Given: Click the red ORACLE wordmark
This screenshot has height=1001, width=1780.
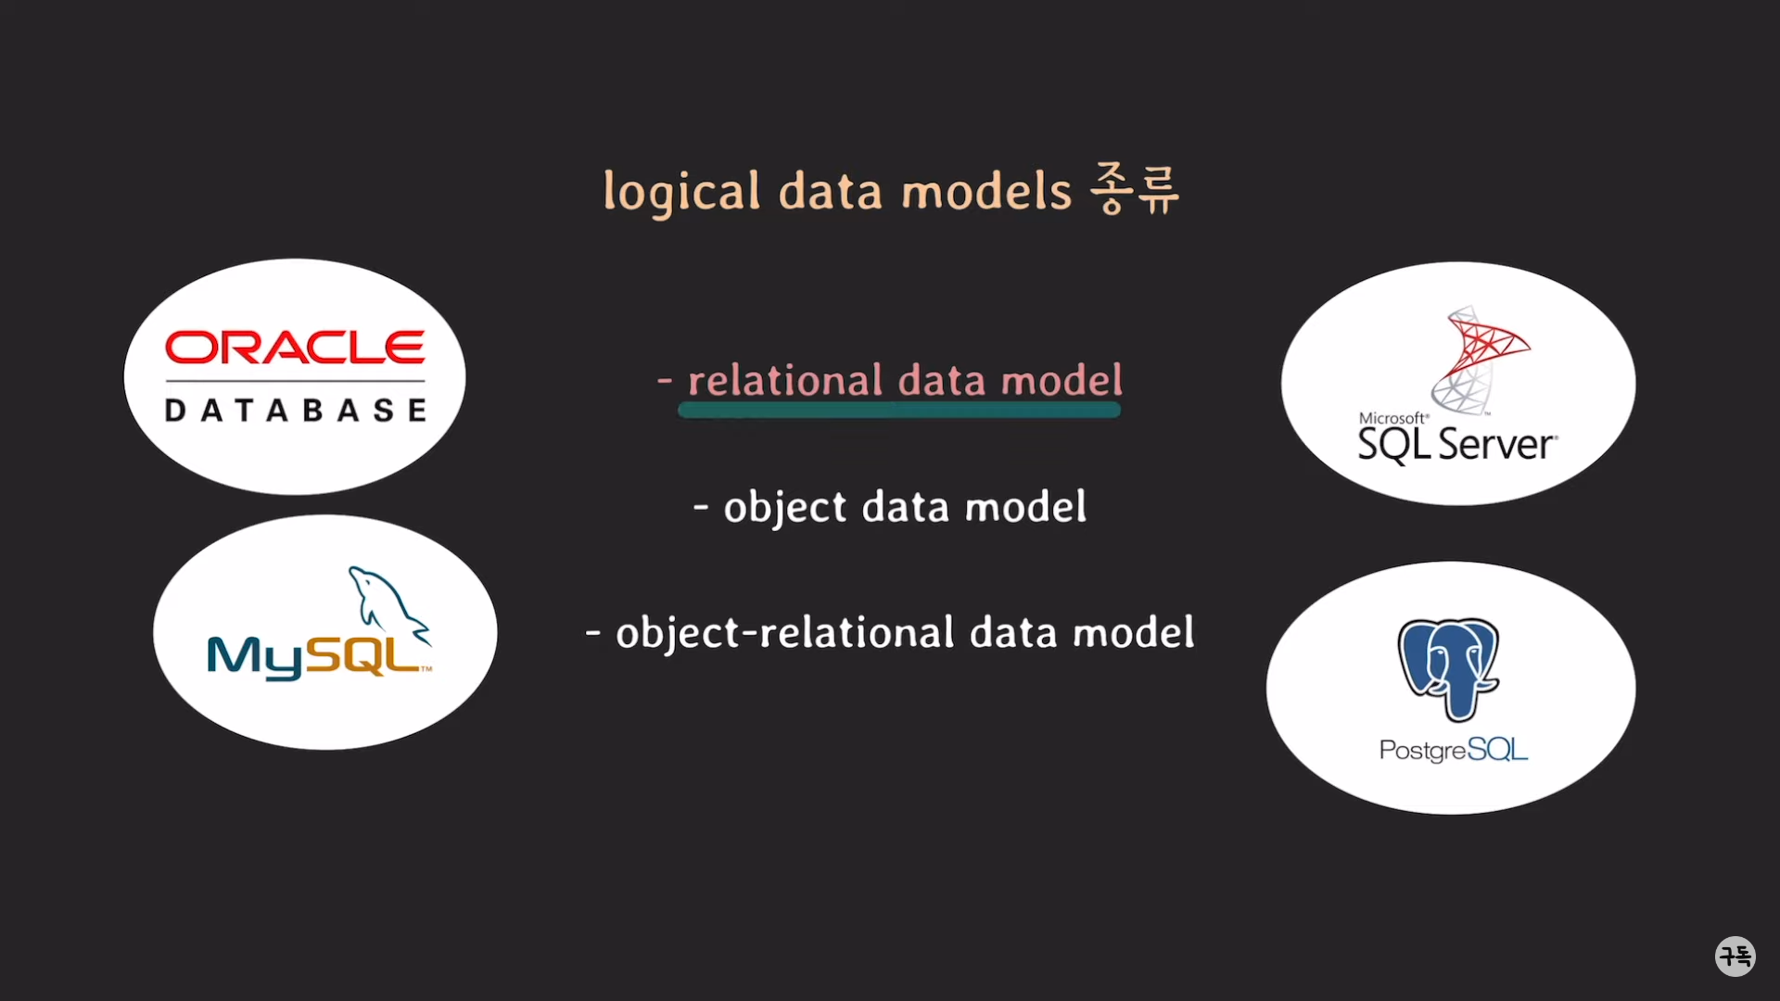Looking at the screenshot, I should pyautogui.click(x=295, y=348).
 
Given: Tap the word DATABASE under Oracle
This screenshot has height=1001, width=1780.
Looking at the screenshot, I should pyautogui.click(x=295, y=411).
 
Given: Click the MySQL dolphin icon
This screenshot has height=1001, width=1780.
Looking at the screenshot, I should pyautogui.click(x=388, y=602).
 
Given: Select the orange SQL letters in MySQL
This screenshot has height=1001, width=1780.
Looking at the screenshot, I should pyautogui.click(x=363, y=655).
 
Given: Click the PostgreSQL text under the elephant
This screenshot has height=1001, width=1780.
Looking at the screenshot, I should pyautogui.click(x=1453, y=750).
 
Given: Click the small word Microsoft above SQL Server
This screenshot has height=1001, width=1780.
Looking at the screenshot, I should pyautogui.click(x=1392, y=418).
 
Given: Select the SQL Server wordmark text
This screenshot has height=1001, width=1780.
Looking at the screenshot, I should pyautogui.click(x=1456, y=446).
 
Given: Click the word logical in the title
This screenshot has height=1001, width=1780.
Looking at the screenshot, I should pyautogui.click(x=681, y=193).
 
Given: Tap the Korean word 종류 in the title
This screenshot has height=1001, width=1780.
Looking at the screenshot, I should pyautogui.click(x=1135, y=189).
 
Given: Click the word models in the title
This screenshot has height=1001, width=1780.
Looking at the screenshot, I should pyautogui.click(x=986, y=192).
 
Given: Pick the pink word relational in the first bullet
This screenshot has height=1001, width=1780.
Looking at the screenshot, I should pyautogui.click(x=785, y=381).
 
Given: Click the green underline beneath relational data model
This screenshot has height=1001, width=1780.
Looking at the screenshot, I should pyautogui.click(x=899, y=411).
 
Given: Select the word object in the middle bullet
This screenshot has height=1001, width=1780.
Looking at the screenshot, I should pyautogui.click(x=784, y=508).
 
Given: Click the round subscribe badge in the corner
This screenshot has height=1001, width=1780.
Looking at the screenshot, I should pyautogui.click(x=1735, y=956).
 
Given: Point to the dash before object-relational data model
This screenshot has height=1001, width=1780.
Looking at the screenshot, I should pyautogui.click(x=593, y=634).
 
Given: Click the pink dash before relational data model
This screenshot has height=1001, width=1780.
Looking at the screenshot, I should pyautogui.click(x=664, y=380).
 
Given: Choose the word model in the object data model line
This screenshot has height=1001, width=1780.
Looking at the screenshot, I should pyautogui.click(x=1025, y=507).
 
